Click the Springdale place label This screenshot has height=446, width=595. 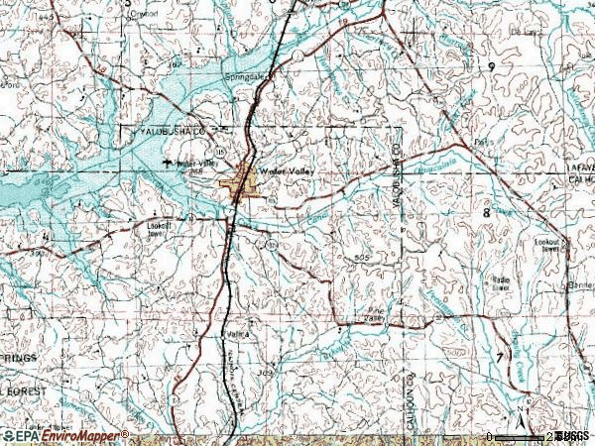pyautogui.click(x=247, y=73)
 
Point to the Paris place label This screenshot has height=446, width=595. pyautogui.click(x=484, y=142)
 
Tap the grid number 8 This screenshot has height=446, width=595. pyautogui.click(x=487, y=212)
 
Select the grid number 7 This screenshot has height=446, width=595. pyautogui.click(x=498, y=355)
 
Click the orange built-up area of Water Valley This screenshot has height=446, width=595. pyautogui.click(x=244, y=184)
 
